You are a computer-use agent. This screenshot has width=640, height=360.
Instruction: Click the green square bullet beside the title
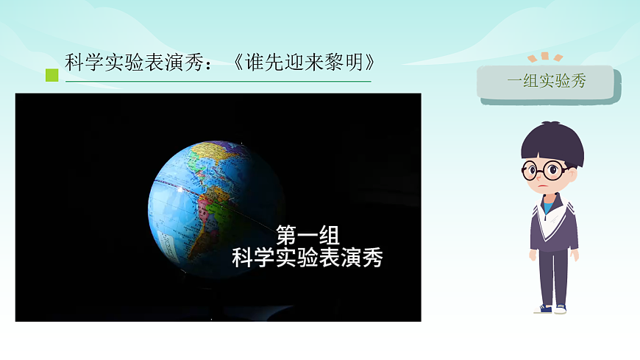pos(51,74)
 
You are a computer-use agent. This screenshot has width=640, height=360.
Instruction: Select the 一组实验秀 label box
pos(545,82)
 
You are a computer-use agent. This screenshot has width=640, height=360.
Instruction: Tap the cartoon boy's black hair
pos(552,142)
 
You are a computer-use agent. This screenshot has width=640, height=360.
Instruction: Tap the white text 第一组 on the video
pos(307,236)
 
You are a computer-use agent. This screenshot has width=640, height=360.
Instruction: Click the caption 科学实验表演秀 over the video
pos(307,258)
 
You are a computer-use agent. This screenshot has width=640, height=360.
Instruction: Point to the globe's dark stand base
pos(221,313)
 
